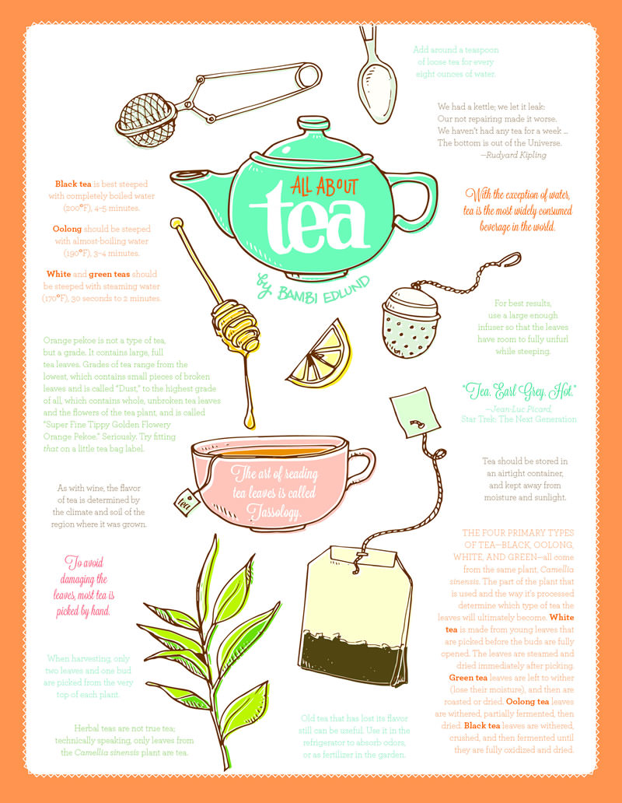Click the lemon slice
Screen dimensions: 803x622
tap(319, 356)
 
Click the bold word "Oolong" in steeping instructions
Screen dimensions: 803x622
tap(68, 230)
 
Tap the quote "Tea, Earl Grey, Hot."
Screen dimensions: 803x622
tap(518, 390)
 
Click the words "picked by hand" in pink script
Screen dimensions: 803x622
tap(84, 610)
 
